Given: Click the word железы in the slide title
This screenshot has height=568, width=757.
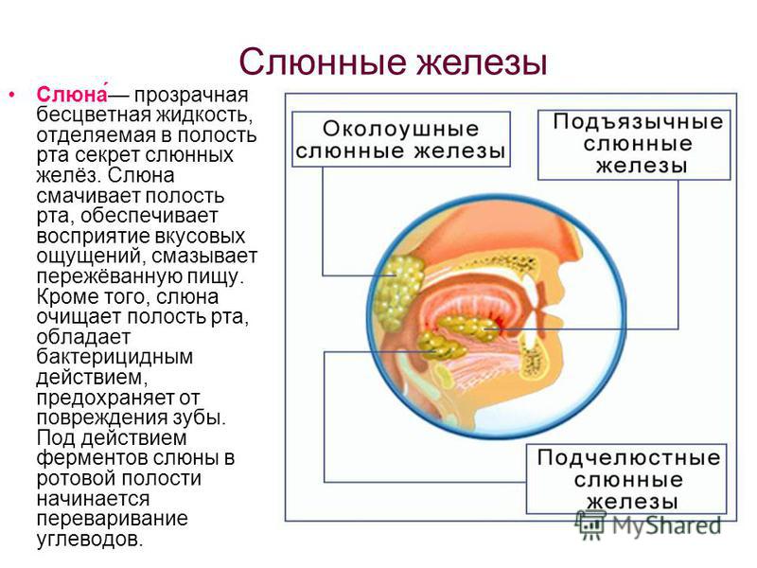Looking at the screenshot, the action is [x=482, y=62].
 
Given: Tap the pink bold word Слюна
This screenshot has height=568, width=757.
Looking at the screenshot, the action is [x=72, y=94].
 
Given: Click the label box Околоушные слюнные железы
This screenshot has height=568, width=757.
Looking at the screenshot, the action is [x=400, y=139].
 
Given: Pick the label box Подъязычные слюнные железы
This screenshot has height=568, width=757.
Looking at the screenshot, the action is [x=634, y=145].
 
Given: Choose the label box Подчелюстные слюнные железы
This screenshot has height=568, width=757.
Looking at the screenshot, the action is [x=626, y=479].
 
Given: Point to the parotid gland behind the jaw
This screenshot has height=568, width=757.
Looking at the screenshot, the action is [x=398, y=291].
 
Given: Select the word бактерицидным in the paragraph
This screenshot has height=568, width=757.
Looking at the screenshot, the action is [x=114, y=357].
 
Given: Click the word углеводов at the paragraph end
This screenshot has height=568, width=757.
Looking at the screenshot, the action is [x=90, y=539].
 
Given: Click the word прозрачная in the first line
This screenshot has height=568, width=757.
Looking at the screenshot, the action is [x=191, y=96].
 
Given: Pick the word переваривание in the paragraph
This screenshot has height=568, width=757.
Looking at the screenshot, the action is [x=112, y=519].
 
